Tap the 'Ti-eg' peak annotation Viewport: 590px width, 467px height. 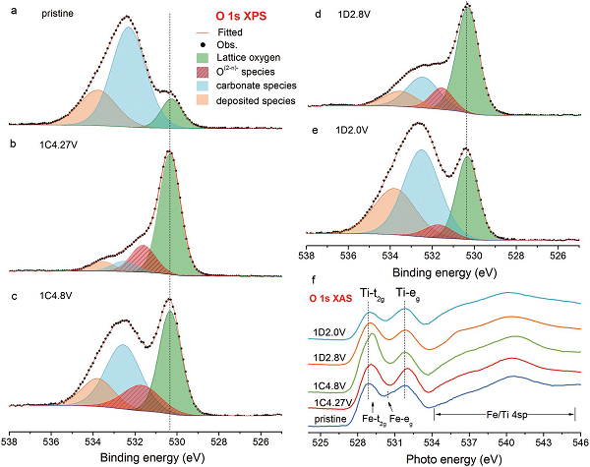coord(409,292)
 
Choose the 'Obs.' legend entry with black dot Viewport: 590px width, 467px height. coord(222,44)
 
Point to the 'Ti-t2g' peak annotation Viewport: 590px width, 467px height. coord(371,292)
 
